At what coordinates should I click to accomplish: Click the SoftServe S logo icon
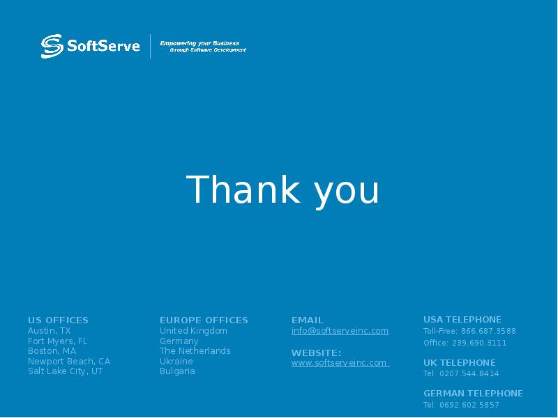[x=52, y=47]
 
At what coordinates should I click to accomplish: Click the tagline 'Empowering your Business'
[x=199, y=43]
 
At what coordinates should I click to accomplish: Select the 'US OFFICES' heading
[x=58, y=320]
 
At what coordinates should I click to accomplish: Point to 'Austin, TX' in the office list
[x=49, y=331]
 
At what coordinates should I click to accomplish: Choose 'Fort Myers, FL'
[x=57, y=341]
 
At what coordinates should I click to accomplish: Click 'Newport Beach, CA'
[x=69, y=362]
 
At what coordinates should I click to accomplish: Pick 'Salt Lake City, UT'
[x=65, y=371]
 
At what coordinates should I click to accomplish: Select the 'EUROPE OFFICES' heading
[x=204, y=320]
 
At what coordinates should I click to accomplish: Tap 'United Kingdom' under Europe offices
[x=193, y=331]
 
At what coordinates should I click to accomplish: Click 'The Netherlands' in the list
[x=195, y=351]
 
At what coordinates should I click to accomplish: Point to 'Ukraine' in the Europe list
[x=176, y=362]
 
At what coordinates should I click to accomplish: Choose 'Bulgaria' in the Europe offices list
[x=177, y=371]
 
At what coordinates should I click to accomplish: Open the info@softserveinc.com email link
[x=340, y=331]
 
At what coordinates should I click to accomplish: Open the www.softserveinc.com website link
[x=339, y=363]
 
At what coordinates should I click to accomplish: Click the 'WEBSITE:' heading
[x=316, y=353]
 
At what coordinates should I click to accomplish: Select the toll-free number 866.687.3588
[x=488, y=332]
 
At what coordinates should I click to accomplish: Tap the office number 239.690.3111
[x=479, y=343]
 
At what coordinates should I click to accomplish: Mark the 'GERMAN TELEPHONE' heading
[x=473, y=394]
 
